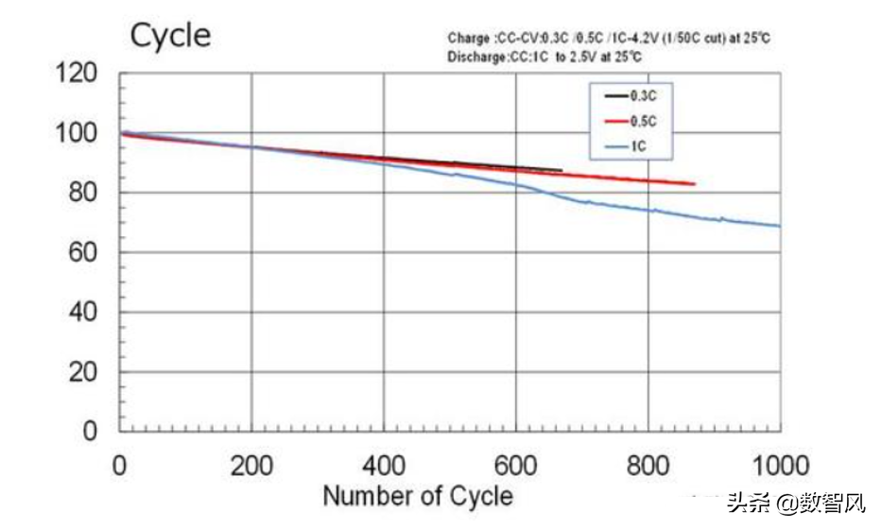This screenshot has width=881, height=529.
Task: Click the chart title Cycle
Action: (x=170, y=36)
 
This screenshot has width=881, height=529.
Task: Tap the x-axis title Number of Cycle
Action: (x=418, y=496)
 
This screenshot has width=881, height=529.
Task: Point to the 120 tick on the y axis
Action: (x=78, y=73)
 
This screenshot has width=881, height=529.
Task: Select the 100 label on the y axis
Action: (x=78, y=132)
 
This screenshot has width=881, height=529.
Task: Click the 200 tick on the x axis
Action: (x=251, y=465)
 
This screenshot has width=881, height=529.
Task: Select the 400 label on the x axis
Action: (x=384, y=465)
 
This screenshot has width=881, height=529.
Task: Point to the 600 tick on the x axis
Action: (x=516, y=465)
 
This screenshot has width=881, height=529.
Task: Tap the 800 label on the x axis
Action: (x=648, y=465)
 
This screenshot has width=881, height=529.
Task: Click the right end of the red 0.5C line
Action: (x=695, y=183)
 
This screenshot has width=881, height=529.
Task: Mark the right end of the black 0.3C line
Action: (x=561, y=171)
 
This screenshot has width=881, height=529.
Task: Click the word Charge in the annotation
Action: (x=467, y=38)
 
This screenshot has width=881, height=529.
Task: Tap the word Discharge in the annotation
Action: (x=475, y=57)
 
